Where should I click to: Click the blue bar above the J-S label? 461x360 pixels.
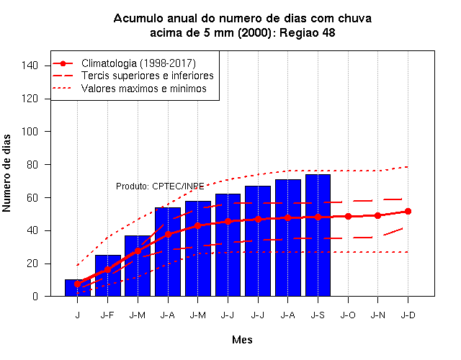click(318, 235)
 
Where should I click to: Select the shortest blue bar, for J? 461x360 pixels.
click(78, 288)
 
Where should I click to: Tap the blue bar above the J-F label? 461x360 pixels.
click(108, 275)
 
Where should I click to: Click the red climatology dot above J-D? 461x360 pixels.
click(408, 211)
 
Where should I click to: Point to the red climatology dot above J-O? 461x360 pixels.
click(348, 216)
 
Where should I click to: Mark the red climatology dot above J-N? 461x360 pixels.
click(377, 216)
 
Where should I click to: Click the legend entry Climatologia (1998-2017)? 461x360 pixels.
click(138, 63)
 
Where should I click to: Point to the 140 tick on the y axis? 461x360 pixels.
click(30, 66)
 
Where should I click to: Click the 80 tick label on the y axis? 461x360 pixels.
click(32, 165)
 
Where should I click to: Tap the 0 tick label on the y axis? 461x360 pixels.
click(35, 297)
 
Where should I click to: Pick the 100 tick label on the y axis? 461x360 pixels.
click(30, 131)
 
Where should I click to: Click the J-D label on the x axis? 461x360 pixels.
click(408, 315)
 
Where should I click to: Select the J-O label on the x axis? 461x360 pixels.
click(348, 315)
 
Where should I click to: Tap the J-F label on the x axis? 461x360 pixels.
click(107, 315)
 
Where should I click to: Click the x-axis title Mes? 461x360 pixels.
click(242, 340)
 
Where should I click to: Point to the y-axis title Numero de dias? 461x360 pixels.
click(6, 173)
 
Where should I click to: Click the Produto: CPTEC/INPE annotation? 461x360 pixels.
click(160, 186)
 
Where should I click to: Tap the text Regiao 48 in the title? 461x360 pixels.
click(308, 32)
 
